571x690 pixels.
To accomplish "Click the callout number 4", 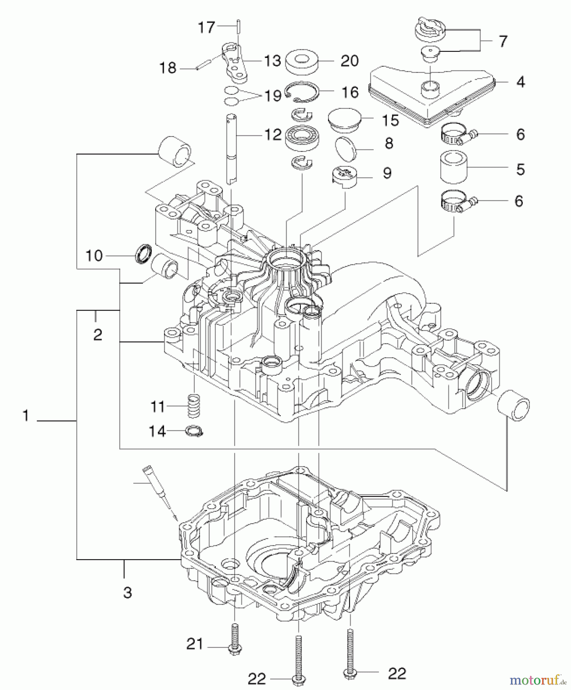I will (x=520, y=82).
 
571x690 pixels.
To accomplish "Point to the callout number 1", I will (x=26, y=416).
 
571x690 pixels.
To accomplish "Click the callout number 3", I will (x=128, y=592).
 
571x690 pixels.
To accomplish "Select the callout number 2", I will (x=98, y=335).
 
